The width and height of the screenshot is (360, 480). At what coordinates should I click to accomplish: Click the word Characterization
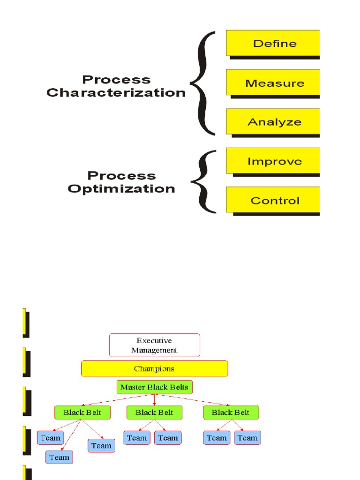(x=116, y=93)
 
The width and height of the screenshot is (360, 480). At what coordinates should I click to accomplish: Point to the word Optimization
(x=121, y=189)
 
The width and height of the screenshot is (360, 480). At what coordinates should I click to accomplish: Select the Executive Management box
(x=154, y=345)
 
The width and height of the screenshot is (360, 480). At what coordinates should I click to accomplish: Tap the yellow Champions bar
(x=154, y=368)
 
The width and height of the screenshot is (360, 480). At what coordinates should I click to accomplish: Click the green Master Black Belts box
(x=154, y=387)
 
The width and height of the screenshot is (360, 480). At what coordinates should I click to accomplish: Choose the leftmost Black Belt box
(x=82, y=412)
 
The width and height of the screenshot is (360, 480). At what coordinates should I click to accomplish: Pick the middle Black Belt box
(x=155, y=412)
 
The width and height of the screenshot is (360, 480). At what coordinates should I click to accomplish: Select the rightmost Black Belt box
(x=231, y=412)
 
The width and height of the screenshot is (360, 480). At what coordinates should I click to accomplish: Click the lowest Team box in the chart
(x=59, y=457)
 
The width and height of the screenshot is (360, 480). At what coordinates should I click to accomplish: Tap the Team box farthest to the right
(x=247, y=438)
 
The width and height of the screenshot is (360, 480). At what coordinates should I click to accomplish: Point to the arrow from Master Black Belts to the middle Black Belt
(x=155, y=399)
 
